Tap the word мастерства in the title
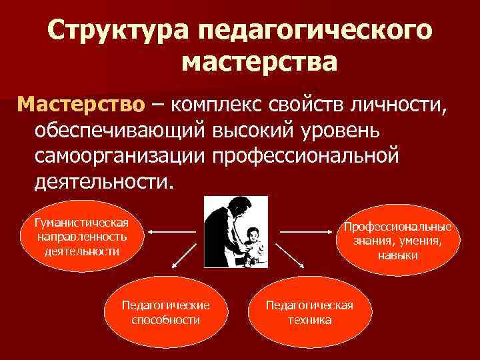point(259,63)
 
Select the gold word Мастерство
point(81,105)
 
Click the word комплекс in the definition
point(216,105)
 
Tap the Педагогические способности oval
point(165,312)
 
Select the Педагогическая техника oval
point(309,312)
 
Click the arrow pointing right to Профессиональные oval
point(306,232)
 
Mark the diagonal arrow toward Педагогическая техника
point(289,257)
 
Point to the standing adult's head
point(237,202)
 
